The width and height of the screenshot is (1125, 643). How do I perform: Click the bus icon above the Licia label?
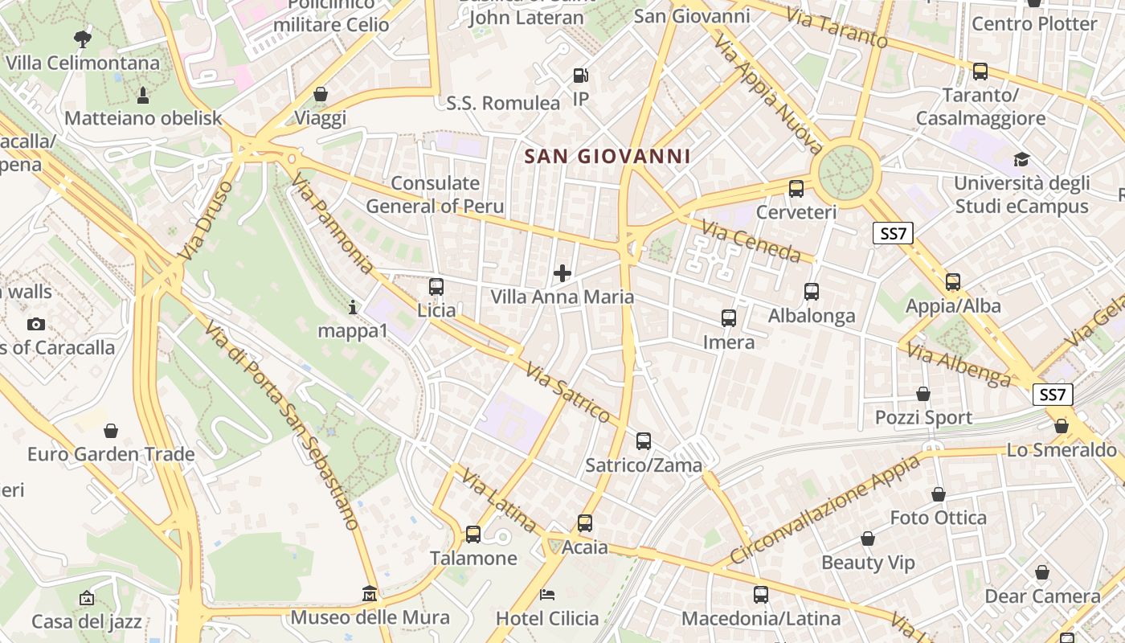coord(436,286)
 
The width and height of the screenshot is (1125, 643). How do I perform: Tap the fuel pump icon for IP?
coord(580,76)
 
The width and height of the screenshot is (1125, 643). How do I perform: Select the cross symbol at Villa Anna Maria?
coord(562,273)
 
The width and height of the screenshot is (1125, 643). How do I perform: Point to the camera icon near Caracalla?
coord(35,325)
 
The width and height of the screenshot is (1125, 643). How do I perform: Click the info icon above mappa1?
coord(352,306)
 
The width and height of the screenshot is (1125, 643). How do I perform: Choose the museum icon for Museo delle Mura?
coord(370,594)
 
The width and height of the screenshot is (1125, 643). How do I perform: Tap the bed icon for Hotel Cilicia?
coord(547,595)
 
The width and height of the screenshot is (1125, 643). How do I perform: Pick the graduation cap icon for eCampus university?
coord(1021,159)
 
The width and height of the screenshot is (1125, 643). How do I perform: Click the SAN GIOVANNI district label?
coord(607,156)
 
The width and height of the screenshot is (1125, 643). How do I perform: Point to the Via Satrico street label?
coord(568,392)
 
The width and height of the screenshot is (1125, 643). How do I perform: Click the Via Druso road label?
coord(206,220)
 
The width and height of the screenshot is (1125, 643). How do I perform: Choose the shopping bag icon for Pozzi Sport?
coord(923,394)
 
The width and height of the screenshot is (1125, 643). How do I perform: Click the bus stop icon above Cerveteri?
coord(796,189)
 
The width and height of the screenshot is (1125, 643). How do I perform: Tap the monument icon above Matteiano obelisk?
coord(143,96)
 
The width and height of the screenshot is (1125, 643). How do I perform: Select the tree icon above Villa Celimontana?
coord(82,39)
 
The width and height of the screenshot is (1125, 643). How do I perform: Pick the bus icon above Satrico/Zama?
coord(644,440)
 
